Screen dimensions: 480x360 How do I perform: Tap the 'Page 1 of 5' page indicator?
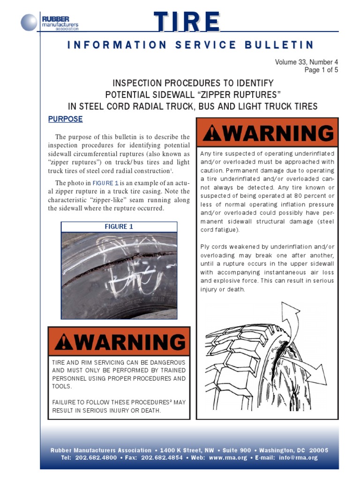click(321, 70)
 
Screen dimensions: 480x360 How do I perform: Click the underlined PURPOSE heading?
click(65, 119)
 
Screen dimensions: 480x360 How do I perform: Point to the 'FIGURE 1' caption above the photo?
click(119, 226)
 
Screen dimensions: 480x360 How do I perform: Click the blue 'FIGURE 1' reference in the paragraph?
click(105, 183)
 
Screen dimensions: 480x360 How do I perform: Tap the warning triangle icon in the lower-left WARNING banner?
click(63, 343)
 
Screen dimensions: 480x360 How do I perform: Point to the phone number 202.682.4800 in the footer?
click(97, 457)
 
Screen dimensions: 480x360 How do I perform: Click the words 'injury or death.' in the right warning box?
click(223, 290)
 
